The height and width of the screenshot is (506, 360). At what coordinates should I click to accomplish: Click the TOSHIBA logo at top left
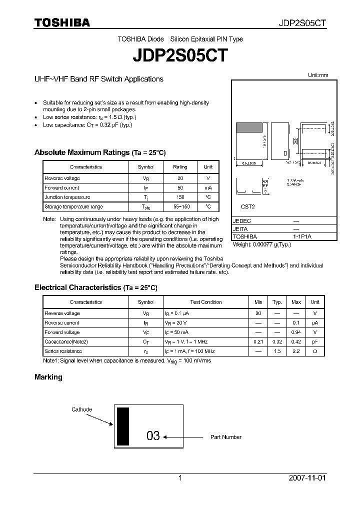62,23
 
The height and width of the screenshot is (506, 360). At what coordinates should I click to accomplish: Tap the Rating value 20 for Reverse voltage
180,178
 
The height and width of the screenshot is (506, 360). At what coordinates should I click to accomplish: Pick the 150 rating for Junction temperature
180,197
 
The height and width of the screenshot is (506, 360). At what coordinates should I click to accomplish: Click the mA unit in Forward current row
208,187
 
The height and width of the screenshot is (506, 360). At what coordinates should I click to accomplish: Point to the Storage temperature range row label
73,206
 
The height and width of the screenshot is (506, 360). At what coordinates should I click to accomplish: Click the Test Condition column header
206,302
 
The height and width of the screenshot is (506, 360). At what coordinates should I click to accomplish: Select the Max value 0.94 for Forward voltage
296,332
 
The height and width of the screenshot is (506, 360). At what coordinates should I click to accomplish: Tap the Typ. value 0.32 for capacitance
277,342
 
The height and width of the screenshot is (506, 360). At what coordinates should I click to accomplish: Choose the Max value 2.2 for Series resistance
296,351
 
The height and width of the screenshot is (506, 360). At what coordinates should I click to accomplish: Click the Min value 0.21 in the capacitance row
258,342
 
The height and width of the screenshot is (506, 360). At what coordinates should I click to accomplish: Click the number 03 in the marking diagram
153,436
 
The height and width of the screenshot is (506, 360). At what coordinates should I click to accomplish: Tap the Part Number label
225,437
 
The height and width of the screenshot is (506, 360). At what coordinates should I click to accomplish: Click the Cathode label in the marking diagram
81,409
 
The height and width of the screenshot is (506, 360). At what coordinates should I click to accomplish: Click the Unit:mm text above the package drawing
318,75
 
